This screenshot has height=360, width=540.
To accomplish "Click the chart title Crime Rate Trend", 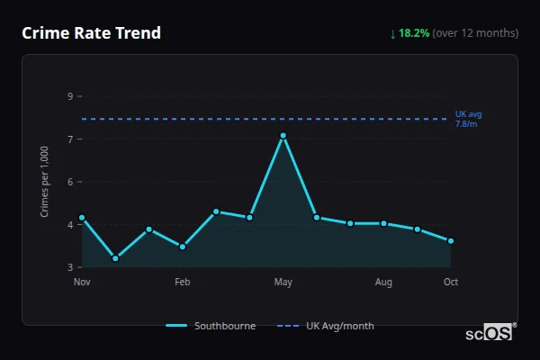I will [x=91, y=33].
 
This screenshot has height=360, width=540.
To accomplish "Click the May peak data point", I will [x=283, y=136].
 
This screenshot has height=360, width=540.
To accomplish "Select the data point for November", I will [x=82, y=217].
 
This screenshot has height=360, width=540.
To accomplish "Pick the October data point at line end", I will [x=451, y=241].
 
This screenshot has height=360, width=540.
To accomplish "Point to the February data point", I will [x=183, y=247].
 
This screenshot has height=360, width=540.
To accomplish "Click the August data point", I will [x=383, y=223].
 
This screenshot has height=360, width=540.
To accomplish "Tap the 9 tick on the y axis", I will [x=70, y=96].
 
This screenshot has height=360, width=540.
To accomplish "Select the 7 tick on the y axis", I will [x=70, y=139].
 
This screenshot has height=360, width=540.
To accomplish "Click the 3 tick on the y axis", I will [x=70, y=267].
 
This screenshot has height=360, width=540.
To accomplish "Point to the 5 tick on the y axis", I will [x=70, y=182].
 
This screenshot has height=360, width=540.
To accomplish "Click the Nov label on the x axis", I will [x=82, y=283].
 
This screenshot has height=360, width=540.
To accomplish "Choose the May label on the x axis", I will [x=283, y=283].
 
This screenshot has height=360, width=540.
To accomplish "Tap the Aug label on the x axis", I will [x=383, y=283].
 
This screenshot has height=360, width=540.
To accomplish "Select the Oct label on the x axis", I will [x=451, y=283].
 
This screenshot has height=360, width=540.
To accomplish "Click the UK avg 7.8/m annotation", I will [x=468, y=119].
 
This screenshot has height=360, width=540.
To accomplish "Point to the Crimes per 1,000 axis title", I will [x=45, y=183].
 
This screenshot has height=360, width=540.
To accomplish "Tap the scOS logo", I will [x=490, y=333].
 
